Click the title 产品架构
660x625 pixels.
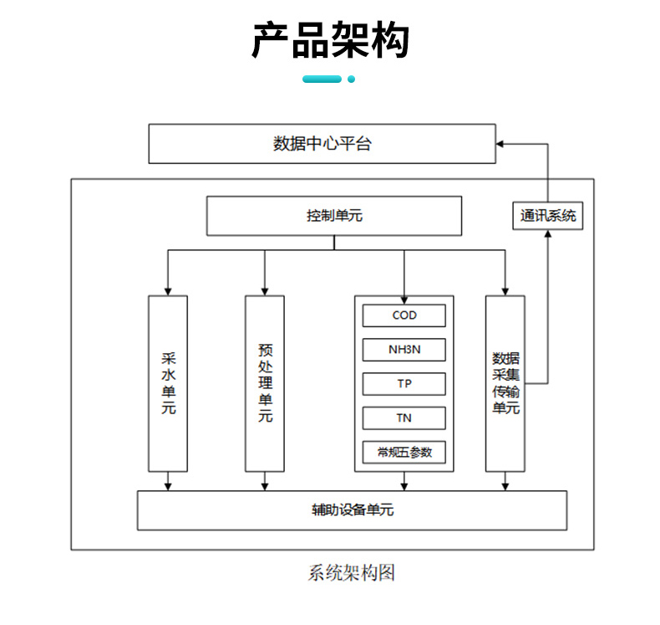click(330, 39)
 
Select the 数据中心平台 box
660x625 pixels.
click(322, 144)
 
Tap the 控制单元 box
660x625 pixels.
click(334, 216)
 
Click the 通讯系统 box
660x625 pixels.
click(548, 216)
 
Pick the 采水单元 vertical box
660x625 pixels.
click(168, 383)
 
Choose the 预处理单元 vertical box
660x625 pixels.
click(265, 383)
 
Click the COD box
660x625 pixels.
click(404, 315)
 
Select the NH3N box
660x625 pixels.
click(404, 350)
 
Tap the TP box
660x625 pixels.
click(404, 384)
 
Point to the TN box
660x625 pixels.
click(404, 418)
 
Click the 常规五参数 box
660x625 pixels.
click(404, 452)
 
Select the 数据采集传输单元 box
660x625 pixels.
click(505, 383)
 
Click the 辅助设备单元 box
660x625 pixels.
click(352, 510)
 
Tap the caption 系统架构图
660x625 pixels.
click(351, 573)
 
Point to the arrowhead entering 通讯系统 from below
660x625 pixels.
click(548, 236)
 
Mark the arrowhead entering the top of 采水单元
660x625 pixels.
click(168, 290)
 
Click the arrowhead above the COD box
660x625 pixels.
click(404, 299)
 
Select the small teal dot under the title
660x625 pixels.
click(352, 79)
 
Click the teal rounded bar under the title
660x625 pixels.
click(322, 79)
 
